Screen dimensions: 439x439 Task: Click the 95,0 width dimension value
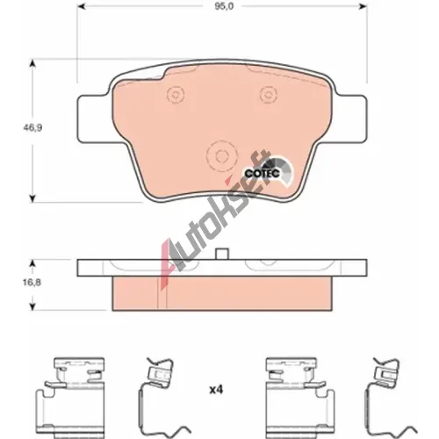point(224,6)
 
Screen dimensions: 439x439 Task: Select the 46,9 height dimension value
point(32,128)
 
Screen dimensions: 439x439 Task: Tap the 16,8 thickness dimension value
point(32,283)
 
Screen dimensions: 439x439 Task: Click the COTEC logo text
point(263,173)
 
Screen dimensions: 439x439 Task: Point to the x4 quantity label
point(216,390)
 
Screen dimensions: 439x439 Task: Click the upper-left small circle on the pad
point(176,95)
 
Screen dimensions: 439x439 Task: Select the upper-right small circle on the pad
point(267,95)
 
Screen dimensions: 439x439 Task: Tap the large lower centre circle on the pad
point(221,155)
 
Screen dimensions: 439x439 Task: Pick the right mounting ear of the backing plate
point(349,119)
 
